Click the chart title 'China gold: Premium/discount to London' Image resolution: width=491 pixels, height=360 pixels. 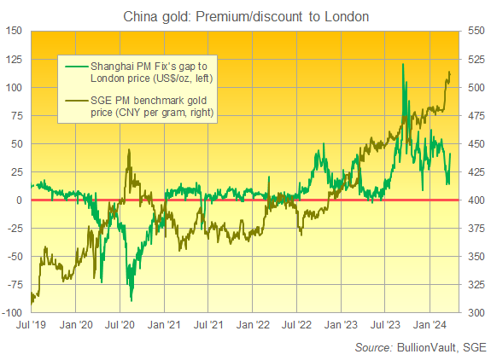tap(245, 14)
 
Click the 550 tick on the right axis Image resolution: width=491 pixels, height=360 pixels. tap(476, 32)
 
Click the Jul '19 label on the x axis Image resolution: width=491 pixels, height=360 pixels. tap(31, 324)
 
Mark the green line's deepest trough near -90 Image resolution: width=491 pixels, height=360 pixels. tap(132, 299)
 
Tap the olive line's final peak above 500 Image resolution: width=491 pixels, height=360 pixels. tap(449, 73)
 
